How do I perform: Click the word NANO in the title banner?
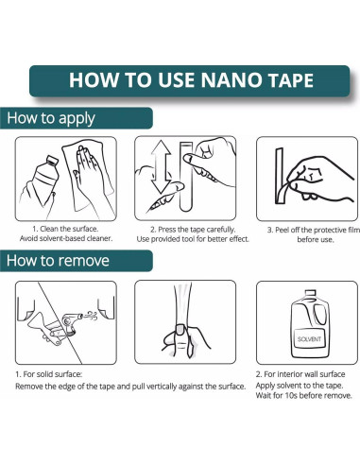(x=231, y=80)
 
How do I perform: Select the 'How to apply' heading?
(x=51, y=118)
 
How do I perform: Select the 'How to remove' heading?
(x=58, y=261)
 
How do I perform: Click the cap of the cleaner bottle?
(x=52, y=161)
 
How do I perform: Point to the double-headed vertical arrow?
(x=161, y=166)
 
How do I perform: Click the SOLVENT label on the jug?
(x=309, y=339)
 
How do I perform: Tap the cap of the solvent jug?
(x=310, y=293)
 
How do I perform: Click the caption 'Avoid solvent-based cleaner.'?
(x=66, y=238)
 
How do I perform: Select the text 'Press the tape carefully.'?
(x=197, y=230)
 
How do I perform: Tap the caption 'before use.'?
(x=316, y=239)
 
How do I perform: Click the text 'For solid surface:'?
(x=53, y=374)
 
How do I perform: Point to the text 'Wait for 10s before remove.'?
(x=304, y=395)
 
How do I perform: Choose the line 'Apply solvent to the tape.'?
(x=300, y=386)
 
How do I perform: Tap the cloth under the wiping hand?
(x=87, y=177)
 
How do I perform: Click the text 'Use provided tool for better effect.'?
(x=193, y=239)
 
